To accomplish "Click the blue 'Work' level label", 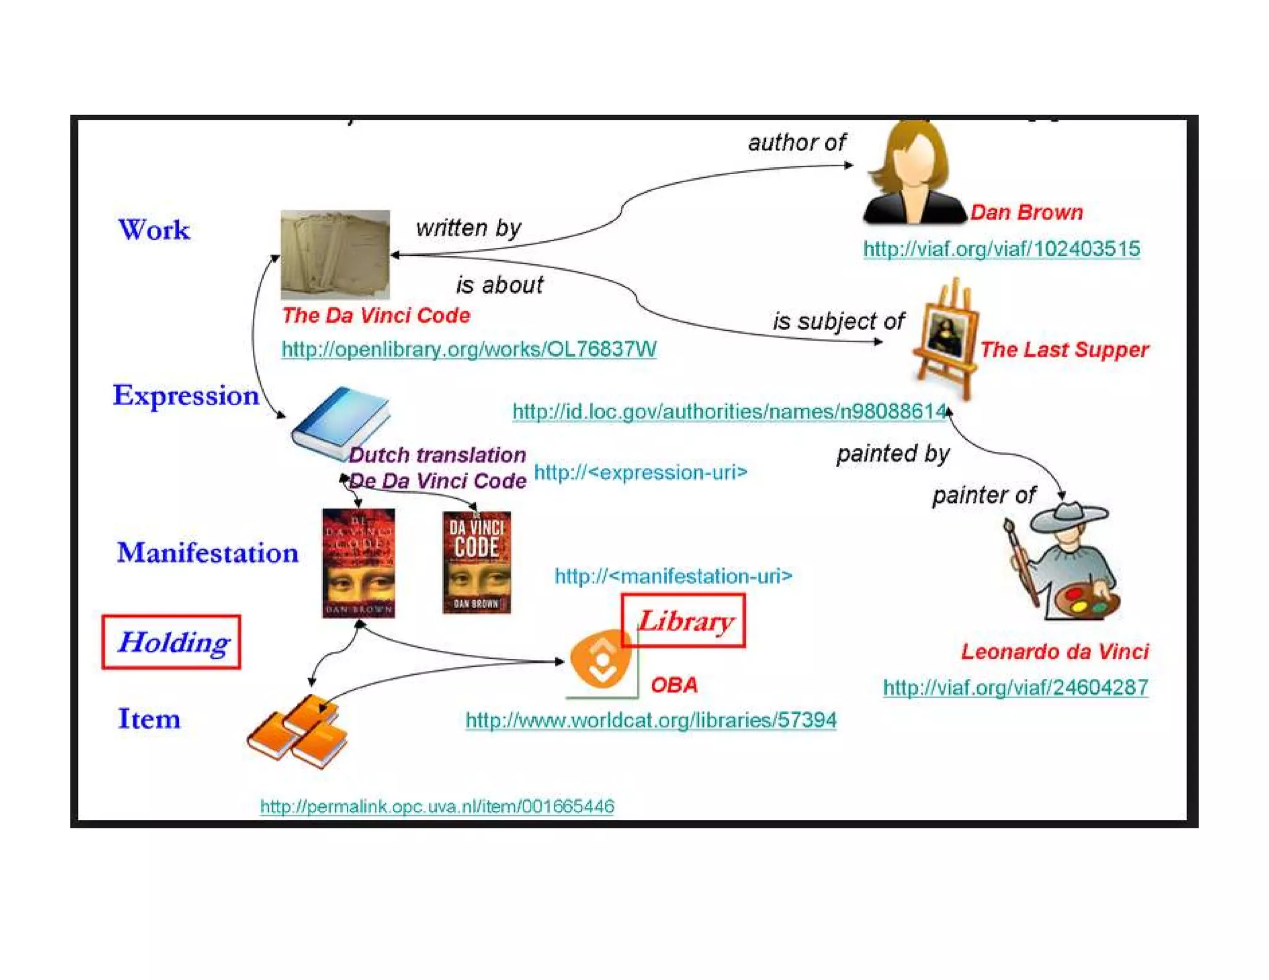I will pyautogui.click(x=154, y=230).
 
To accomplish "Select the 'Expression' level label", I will pyautogui.click(x=185, y=395).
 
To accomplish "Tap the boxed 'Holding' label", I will pyautogui.click(x=172, y=642).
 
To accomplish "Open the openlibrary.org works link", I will pyautogui.click(x=468, y=349).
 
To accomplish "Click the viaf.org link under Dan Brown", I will pyautogui.click(x=1001, y=248).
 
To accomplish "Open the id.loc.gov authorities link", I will pyautogui.click(x=729, y=411).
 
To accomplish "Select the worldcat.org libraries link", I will pyautogui.click(x=651, y=720).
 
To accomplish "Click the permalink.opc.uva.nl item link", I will pyautogui.click(x=437, y=806).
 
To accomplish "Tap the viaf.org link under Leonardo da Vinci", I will pyautogui.click(x=1015, y=687).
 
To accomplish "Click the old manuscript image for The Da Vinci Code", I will pyautogui.click(x=335, y=255).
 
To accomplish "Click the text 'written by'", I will pyautogui.click(x=468, y=227).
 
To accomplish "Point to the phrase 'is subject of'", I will pyautogui.click(x=838, y=321).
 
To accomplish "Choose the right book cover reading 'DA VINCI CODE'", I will pyautogui.click(x=476, y=562).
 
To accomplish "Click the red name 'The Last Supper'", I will pyautogui.click(x=1064, y=349).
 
